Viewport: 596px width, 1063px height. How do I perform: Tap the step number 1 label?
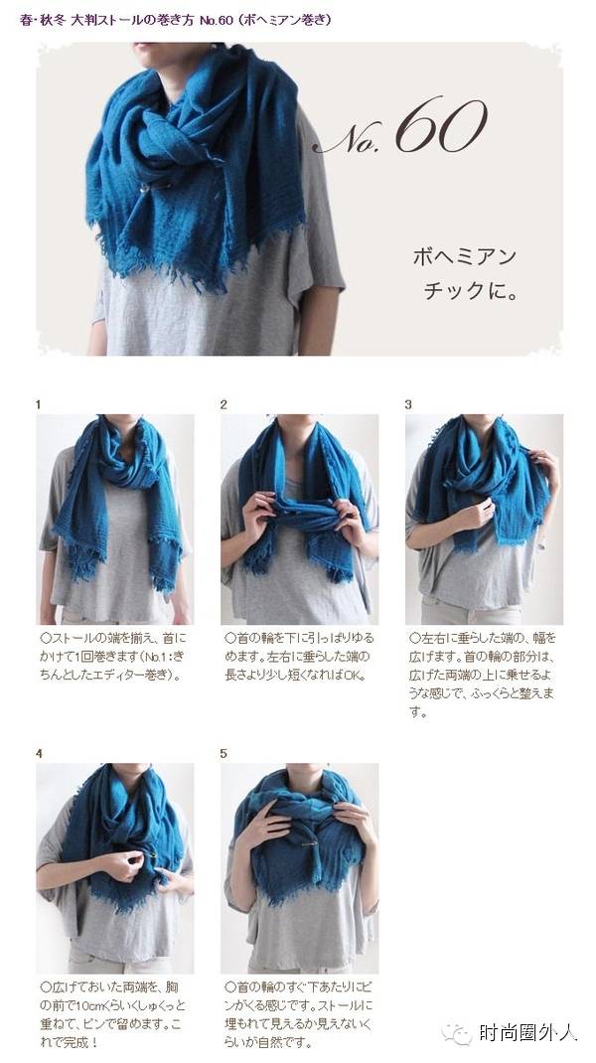click(38, 404)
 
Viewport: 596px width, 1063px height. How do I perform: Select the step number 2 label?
click(223, 404)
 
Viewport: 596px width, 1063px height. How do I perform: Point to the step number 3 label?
click(408, 404)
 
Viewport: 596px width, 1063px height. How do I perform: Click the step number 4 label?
click(39, 753)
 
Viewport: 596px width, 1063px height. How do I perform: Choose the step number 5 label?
click(223, 753)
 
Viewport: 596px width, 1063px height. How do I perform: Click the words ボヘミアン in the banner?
click(465, 257)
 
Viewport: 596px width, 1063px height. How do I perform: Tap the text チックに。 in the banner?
click(471, 291)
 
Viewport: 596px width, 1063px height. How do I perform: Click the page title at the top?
click(176, 20)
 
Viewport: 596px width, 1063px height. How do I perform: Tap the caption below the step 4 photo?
click(112, 1015)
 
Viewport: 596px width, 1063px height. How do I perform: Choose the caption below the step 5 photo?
click(298, 1015)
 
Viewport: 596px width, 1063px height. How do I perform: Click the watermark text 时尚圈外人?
click(527, 1032)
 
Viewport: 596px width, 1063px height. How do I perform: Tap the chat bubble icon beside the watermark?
click(457, 1033)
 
